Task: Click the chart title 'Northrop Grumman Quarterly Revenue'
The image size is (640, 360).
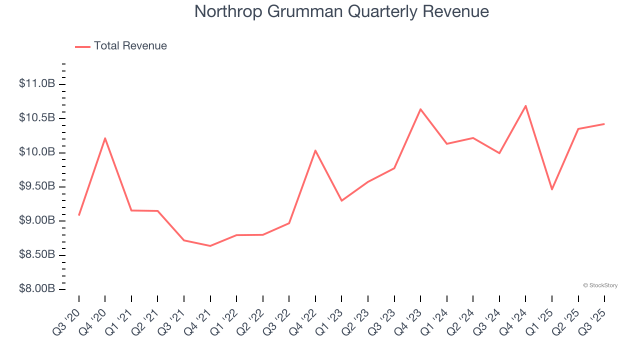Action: click(x=341, y=11)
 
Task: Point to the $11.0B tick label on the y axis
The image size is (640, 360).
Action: click(x=37, y=83)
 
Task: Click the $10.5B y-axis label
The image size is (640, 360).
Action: click(x=37, y=118)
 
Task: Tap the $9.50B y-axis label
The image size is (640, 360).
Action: click(x=37, y=186)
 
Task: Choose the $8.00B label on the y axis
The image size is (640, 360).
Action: click(x=37, y=289)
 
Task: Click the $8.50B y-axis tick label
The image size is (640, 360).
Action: click(x=37, y=255)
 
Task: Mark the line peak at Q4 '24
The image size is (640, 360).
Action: click(x=525, y=105)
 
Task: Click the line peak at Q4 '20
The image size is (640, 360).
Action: click(x=105, y=138)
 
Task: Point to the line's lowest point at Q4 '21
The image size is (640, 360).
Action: click(x=210, y=246)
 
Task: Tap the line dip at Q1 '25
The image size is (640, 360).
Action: click(x=552, y=189)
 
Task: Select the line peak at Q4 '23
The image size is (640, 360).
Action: click(x=420, y=109)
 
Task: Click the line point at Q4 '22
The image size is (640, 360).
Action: click(x=315, y=150)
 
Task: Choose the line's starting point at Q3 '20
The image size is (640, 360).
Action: click(x=79, y=215)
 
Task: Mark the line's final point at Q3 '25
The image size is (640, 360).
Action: click(x=604, y=123)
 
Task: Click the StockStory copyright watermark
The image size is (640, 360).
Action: click(x=600, y=285)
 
